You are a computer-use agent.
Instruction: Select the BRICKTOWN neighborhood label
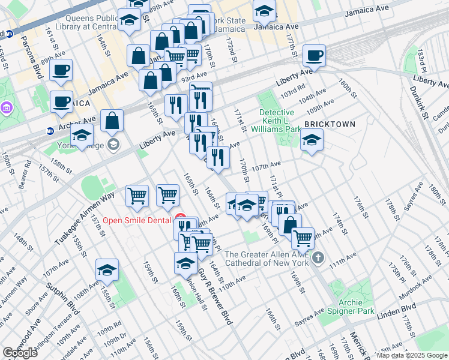point(329,124)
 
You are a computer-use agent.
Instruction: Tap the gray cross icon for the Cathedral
point(318,258)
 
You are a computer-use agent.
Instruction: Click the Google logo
point(20,353)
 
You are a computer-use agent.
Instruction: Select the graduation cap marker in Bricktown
point(310,141)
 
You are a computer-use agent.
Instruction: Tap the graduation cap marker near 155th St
point(107,271)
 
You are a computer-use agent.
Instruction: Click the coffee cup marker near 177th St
point(314,56)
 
